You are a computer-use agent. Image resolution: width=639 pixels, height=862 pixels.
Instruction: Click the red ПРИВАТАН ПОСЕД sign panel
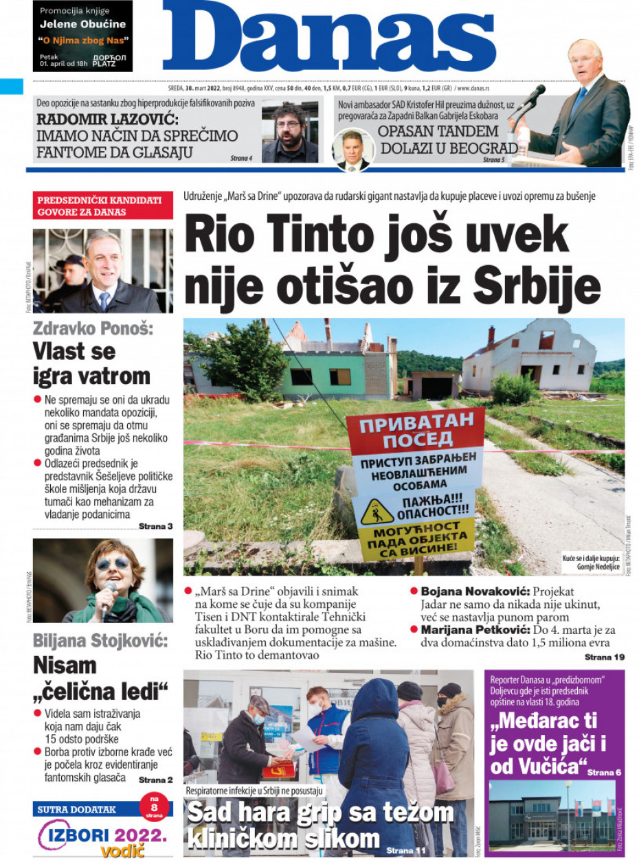tap(415, 431)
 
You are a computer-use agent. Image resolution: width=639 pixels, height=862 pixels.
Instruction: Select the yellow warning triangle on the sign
tap(378, 510)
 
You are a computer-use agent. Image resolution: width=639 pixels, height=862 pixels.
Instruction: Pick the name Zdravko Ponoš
tap(93, 328)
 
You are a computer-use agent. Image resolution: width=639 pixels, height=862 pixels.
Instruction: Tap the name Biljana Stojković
tap(100, 641)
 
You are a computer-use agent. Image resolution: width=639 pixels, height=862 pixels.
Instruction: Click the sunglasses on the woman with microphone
tap(112, 563)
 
